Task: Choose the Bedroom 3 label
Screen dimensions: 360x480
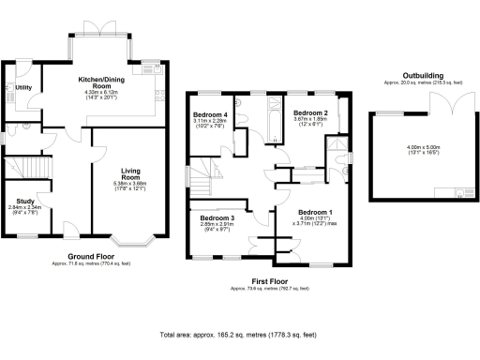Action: [214, 217]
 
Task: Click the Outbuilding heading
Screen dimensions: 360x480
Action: [422, 75]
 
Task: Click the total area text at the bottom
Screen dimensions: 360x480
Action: [239, 335]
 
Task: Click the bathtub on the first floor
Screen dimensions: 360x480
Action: [271, 117]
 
